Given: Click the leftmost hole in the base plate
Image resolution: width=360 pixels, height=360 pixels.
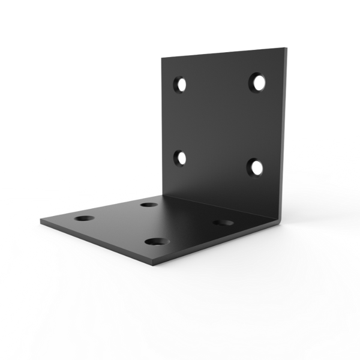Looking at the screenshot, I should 82,217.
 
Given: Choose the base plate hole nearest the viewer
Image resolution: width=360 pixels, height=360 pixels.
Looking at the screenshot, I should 155,241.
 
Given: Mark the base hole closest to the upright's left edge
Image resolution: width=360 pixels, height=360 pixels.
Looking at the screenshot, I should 148,205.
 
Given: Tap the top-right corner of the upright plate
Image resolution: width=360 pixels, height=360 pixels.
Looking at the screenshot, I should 284,44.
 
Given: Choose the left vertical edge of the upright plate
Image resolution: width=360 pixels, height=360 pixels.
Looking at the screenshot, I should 160,126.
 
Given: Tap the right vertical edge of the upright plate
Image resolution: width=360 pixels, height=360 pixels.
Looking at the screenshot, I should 284,132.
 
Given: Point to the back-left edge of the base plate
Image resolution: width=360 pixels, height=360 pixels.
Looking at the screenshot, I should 99,206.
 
